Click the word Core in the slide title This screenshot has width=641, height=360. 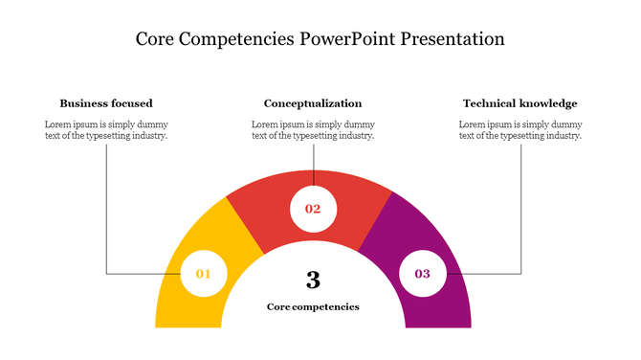pyautogui.click(x=155, y=40)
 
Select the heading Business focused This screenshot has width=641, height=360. pyautogui.click(x=106, y=103)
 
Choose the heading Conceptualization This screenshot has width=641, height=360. pyautogui.click(x=313, y=103)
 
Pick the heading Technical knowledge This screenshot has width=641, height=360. pyautogui.click(x=519, y=103)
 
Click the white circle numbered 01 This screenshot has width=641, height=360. pyautogui.click(x=203, y=274)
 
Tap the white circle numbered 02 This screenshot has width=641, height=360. pyautogui.click(x=313, y=209)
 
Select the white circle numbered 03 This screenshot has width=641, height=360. pyautogui.click(x=422, y=274)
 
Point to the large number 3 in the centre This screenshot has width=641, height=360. pyautogui.click(x=313, y=280)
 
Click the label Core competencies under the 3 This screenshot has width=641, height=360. pyautogui.click(x=313, y=307)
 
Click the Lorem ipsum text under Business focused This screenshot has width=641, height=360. pyautogui.click(x=106, y=130)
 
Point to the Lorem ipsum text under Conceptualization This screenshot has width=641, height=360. pyautogui.click(x=313, y=130)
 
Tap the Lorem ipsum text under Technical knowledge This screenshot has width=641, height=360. pyautogui.click(x=519, y=130)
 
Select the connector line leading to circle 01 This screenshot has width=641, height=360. pyautogui.click(x=106, y=220)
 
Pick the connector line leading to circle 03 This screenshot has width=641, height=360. pyautogui.click(x=520, y=220)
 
